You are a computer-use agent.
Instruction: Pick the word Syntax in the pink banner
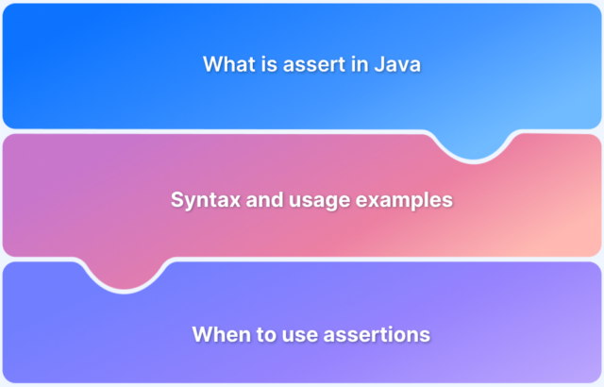point(201,200)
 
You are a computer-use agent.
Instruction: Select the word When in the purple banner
point(218,334)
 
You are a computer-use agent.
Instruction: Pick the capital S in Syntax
point(176,200)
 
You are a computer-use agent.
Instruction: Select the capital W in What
point(211,65)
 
